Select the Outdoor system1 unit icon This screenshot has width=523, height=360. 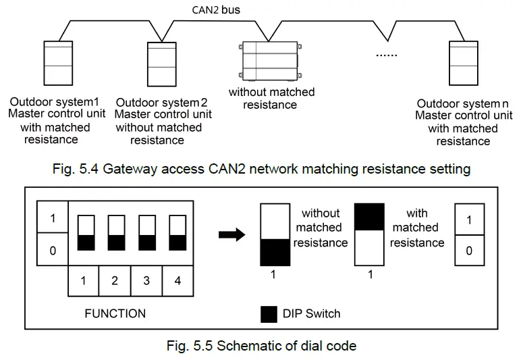pos(57,64)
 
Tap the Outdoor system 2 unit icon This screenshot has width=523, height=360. pos(162,65)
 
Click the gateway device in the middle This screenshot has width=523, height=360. pos(271,62)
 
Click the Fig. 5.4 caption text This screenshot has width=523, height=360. pos(261,169)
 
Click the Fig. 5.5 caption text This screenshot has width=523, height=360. pos(261,346)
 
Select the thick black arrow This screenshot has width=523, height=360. pos(233,234)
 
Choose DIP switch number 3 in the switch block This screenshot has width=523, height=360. pos(146,234)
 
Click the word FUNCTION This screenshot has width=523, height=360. pos(115,313)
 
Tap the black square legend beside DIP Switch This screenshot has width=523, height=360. pos(268,313)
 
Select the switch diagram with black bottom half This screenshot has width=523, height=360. pos(275,236)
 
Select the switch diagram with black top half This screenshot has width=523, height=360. pos(369,236)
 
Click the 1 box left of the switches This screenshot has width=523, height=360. pos(53,219)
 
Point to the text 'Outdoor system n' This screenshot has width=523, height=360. pos(463,103)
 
